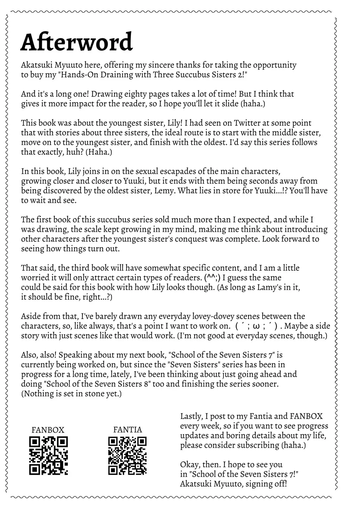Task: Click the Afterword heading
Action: [x=76, y=42]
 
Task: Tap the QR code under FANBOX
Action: [x=48, y=455]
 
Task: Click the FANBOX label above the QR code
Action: [x=48, y=430]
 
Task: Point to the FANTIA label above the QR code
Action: [x=127, y=430]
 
